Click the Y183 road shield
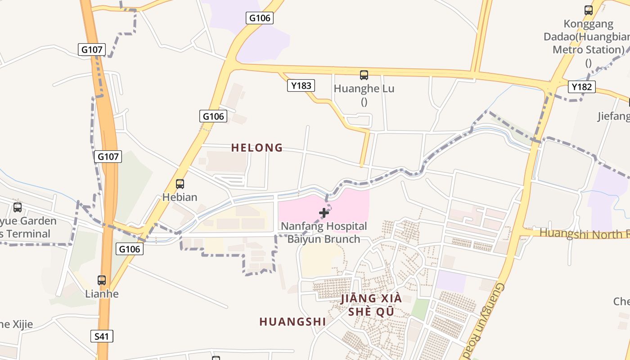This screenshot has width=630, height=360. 301,85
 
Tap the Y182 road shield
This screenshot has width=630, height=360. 581,87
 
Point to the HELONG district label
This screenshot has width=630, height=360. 257,148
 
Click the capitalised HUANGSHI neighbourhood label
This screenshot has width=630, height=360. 292,322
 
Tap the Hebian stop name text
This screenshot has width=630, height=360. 180,197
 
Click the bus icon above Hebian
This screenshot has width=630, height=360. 180,184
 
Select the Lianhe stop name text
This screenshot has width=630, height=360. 102,294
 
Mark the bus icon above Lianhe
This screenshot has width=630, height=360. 102,280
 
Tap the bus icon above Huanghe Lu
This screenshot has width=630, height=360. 364,75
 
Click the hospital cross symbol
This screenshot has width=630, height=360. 324,213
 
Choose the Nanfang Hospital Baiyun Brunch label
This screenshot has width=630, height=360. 324,232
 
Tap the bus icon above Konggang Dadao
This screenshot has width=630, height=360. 588,10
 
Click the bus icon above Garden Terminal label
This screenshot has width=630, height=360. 18,207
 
